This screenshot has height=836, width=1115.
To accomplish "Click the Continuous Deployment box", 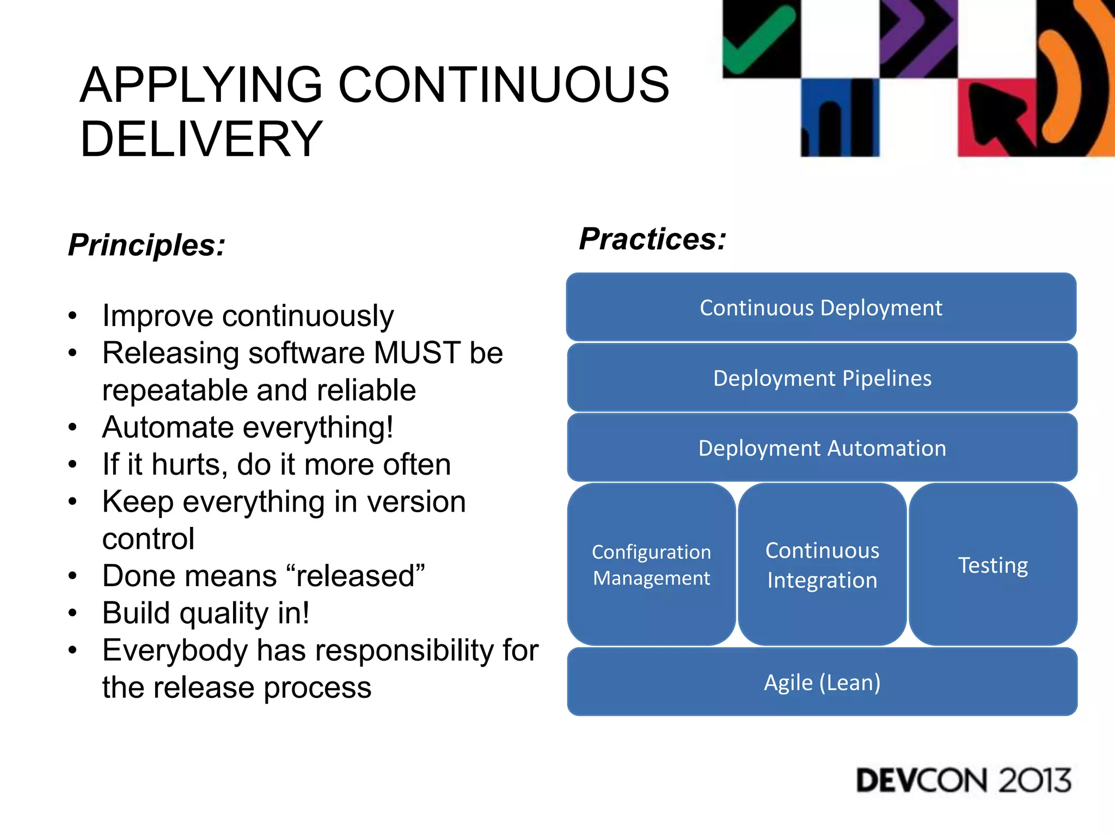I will coord(821,308).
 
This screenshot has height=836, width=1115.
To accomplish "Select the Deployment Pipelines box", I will coord(822,378).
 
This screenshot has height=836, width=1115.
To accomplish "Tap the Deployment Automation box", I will coord(822,448).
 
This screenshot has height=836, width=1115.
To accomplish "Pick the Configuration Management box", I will coord(651,564).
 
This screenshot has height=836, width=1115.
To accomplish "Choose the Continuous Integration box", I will coord(822,564).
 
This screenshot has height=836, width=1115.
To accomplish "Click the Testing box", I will coord(993,564).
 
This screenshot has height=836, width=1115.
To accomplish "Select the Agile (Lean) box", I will coord(822,682).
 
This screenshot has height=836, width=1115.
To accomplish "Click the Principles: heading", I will coord(146,245).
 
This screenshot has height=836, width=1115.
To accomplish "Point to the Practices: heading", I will coord(652,239).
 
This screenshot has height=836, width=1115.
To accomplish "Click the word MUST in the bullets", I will coord(417,353).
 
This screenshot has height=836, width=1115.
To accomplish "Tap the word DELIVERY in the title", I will coord(201,139).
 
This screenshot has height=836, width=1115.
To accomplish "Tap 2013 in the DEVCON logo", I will coord(1034,780).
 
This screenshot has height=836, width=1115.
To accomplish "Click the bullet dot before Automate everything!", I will coord(72,428).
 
